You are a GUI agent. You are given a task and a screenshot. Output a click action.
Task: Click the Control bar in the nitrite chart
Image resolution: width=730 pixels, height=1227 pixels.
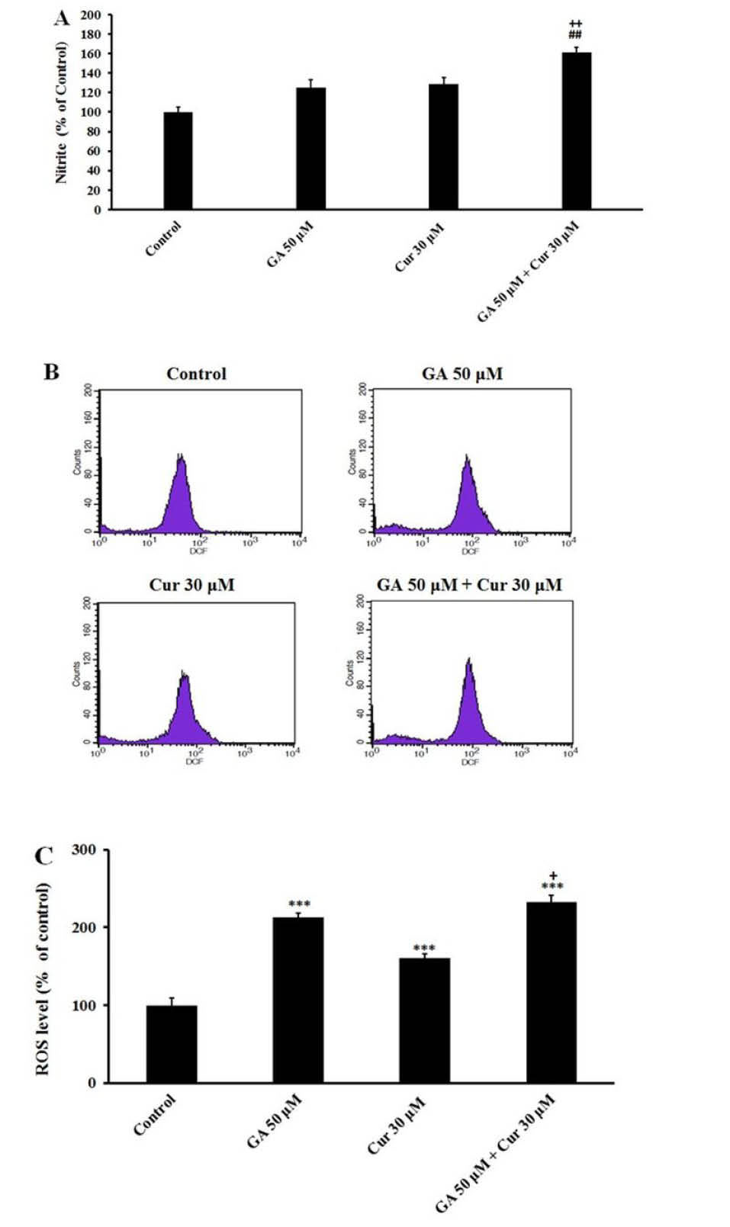(178, 161)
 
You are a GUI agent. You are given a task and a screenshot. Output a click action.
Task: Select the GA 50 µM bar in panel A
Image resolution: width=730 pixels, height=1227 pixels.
(310, 149)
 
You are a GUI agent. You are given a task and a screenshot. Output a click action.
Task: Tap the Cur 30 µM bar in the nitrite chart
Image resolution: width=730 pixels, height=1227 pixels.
(443, 146)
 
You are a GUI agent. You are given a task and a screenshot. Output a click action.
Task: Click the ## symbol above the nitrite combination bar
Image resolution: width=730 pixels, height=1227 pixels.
(575, 34)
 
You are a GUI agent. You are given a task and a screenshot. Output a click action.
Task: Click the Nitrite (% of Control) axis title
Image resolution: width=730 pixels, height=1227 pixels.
(61, 112)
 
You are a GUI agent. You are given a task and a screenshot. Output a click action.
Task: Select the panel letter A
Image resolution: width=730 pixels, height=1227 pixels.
(62, 18)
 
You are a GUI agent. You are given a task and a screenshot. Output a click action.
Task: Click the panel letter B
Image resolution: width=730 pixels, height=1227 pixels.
(51, 372)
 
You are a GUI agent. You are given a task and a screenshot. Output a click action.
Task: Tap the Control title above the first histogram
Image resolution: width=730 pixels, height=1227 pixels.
(197, 374)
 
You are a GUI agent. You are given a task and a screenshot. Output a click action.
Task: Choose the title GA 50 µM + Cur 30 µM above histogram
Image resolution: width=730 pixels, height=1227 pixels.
(469, 585)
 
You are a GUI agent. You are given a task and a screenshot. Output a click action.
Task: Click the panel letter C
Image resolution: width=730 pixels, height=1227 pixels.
(44, 856)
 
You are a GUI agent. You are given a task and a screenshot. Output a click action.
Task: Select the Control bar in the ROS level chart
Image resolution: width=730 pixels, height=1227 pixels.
(172, 1044)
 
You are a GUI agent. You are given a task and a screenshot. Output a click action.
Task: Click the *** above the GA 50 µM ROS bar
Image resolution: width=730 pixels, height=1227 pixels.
(299, 905)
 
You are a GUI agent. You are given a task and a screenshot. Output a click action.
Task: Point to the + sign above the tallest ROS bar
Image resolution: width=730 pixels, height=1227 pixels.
(553, 875)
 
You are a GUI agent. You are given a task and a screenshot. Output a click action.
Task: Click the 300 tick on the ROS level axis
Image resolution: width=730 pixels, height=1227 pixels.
(84, 850)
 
